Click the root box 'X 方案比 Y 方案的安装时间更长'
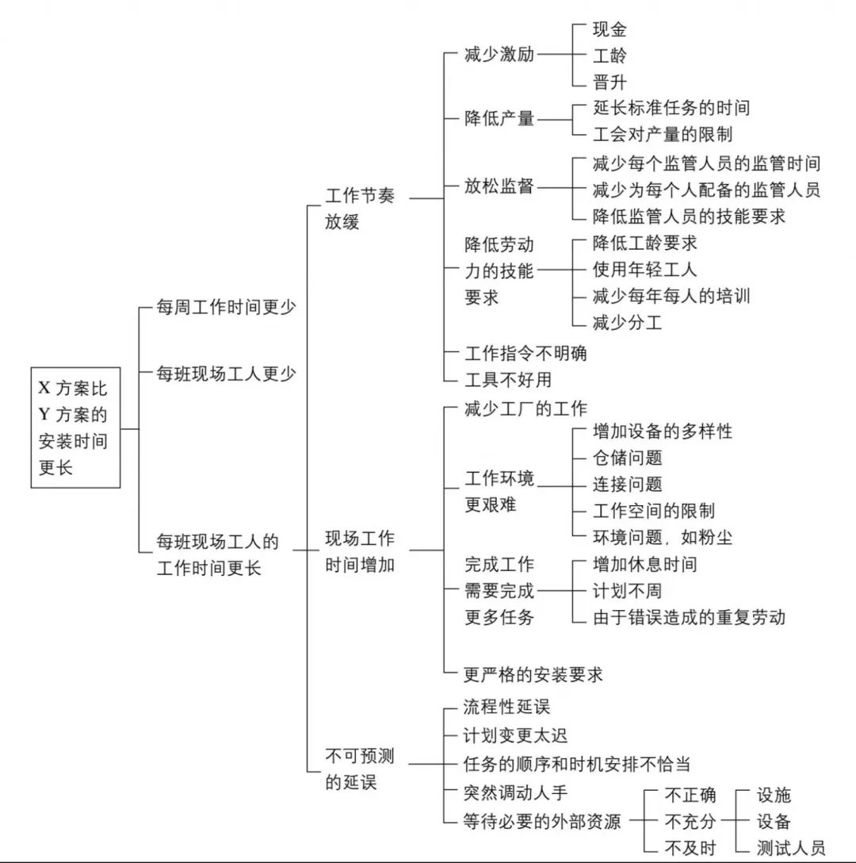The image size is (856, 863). [75, 428]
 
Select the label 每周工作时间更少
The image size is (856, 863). [227, 307]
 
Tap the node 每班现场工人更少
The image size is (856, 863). [227, 372]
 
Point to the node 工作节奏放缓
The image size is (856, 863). [359, 209]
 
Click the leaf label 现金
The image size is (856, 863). [610, 30]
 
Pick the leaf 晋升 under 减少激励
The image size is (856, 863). [610, 82]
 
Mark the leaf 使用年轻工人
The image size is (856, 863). [644, 270]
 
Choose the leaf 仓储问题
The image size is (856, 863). [627, 458]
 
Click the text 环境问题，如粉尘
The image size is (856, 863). [662, 537]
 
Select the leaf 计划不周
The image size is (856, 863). [627, 591]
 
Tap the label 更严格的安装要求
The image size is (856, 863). [533, 674]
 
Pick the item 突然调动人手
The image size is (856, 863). [515, 792]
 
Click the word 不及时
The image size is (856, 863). [690, 847]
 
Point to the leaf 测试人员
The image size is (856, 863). [790, 847]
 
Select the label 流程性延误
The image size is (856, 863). [506, 706]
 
